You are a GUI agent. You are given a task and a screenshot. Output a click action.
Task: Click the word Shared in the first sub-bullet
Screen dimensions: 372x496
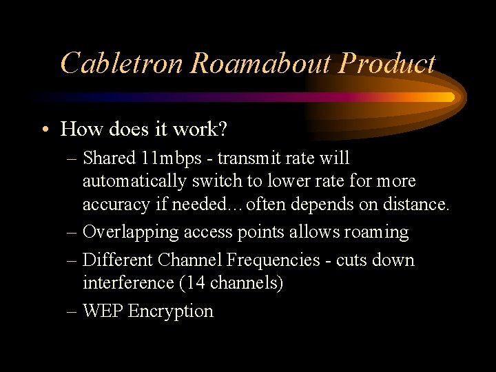[109, 158]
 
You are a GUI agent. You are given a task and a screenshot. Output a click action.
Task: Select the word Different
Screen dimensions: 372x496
[117, 260]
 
